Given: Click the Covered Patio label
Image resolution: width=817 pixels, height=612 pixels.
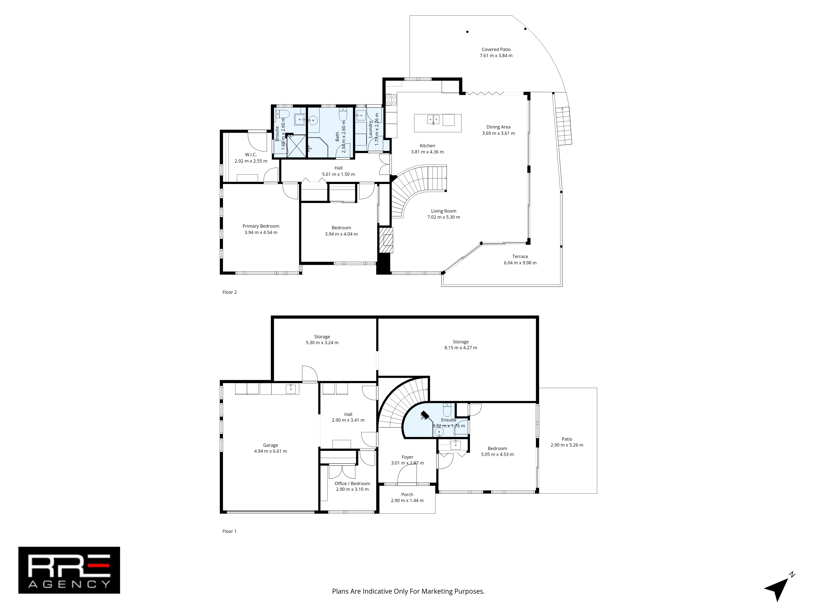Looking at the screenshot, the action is (x=496, y=49).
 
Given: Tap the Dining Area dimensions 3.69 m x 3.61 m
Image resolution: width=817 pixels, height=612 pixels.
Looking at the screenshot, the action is (x=498, y=133).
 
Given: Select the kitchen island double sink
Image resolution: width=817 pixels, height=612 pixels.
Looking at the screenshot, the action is (x=433, y=120).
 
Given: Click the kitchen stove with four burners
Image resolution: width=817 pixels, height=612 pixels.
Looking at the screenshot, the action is (x=391, y=99).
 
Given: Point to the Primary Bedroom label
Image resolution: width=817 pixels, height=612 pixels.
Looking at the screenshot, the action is (x=261, y=226).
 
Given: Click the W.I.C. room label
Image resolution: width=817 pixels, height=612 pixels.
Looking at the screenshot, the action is (x=251, y=155).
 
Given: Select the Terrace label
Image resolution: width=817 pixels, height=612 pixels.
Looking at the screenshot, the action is (x=520, y=256).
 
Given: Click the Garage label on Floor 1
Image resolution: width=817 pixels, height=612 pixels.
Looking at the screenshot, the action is (x=270, y=445).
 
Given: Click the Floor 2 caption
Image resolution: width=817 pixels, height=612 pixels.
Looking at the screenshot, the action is (x=229, y=292).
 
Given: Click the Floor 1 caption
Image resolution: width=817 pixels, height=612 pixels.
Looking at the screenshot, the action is (x=229, y=531).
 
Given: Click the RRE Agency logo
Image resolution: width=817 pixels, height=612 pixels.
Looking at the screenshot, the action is (x=69, y=570).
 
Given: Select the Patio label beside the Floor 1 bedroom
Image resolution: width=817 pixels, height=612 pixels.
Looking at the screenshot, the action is (x=567, y=439).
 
